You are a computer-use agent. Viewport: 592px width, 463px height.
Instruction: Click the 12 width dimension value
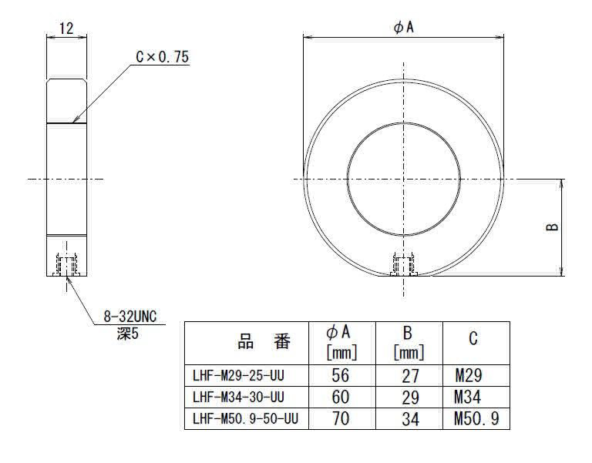pyautogui.click(x=66, y=29)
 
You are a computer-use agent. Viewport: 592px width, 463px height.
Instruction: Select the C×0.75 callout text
pyautogui.click(x=163, y=57)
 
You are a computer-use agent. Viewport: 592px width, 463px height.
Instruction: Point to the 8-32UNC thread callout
pyautogui.click(x=129, y=317)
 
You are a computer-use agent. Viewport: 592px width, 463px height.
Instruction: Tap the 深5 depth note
pyautogui.click(x=128, y=334)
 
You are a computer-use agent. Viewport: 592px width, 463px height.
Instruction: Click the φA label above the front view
pyautogui.click(x=404, y=27)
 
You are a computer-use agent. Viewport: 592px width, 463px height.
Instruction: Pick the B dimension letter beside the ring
pyautogui.click(x=553, y=226)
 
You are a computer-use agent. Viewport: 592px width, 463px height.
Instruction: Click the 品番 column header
pyautogui.click(x=264, y=342)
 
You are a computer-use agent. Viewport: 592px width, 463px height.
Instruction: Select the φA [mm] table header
pyautogui.click(x=341, y=343)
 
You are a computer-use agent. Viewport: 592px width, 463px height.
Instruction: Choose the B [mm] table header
pyautogui.click(x=409, y=343)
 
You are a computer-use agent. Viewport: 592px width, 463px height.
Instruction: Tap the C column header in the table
pyautogui.click(x=473, y=338)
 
